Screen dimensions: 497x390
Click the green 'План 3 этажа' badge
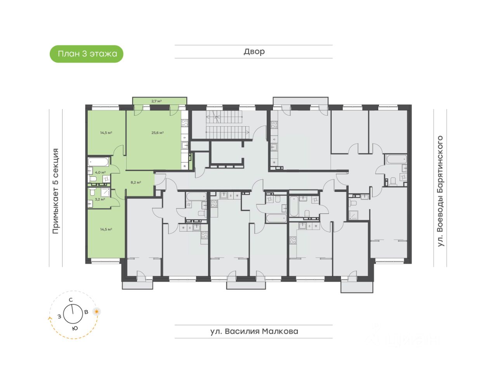point(87,54)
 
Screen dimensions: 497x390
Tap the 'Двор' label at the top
point(254,52)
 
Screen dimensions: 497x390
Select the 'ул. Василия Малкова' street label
point(254,331)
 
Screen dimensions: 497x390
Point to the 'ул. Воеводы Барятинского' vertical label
point(440,191)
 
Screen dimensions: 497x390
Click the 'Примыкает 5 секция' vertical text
point(56,191)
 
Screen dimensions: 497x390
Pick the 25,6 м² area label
point(157,133)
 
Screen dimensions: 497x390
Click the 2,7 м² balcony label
point(156,101)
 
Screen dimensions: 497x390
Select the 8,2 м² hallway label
point(136,182)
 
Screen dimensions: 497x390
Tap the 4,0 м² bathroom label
point(100,172)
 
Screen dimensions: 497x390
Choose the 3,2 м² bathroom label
point(100,199)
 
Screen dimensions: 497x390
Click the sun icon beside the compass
point(96,312)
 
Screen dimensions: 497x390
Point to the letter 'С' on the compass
point(71,300)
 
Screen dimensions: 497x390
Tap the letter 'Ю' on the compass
point(75,328)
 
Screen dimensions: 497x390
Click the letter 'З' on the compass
point(59,316)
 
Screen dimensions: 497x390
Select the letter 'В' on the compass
point(86,312)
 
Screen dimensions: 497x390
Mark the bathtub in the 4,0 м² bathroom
point(98,162)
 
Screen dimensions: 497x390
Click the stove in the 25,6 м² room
point(185,123)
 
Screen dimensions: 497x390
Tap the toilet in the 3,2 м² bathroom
point(92,192)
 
